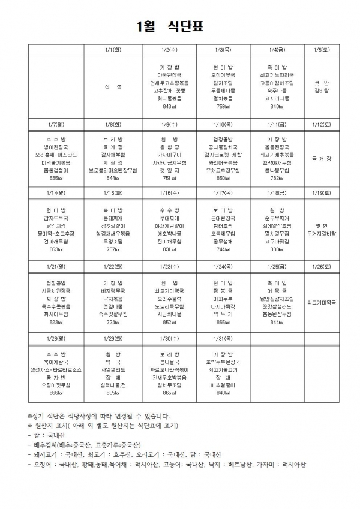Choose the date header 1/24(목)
tap(223, 266)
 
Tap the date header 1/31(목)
tap(223, 338)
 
